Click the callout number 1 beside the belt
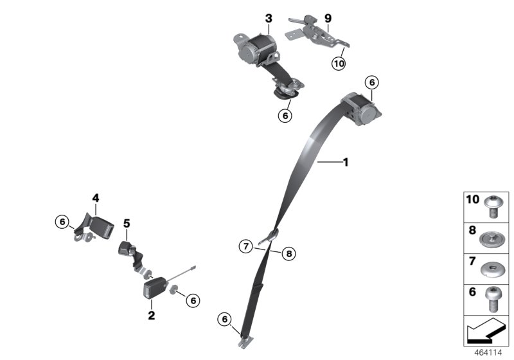pos(345,163)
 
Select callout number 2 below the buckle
pos(152,315)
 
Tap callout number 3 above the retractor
pos(269,19)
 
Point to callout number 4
pos(95,199)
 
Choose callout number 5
pos(127,223)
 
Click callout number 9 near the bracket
pos(328,19)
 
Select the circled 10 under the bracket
pos(339,63)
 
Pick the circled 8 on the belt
pos(288,254)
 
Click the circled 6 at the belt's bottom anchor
pos(224,318)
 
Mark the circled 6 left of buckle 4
pos(62,222)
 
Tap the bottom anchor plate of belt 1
pos(245,341)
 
